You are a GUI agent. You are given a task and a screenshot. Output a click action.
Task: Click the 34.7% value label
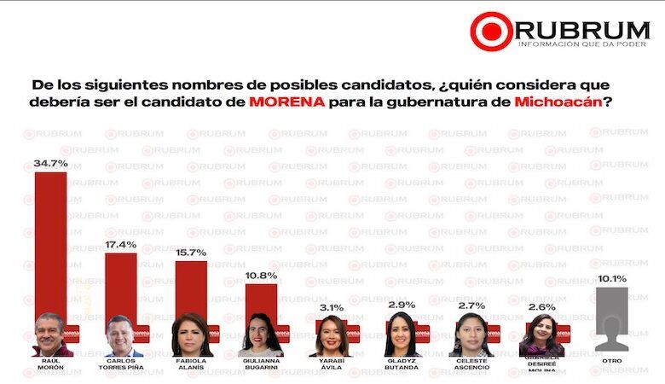[51, 162]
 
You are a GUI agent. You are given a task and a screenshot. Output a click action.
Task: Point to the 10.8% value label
[262, 275]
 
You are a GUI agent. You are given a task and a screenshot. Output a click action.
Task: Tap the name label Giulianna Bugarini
[262, 364]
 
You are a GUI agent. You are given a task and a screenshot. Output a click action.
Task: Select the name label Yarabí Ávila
[332, 364]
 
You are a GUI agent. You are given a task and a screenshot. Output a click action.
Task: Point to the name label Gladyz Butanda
[402, 364]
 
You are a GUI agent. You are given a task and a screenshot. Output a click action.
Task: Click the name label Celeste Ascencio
[471, 364]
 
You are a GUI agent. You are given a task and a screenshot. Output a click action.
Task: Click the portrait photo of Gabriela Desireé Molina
[541, 335]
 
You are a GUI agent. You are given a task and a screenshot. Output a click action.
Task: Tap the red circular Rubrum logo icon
[491, 31]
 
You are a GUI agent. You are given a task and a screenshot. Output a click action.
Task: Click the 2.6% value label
[541, 306]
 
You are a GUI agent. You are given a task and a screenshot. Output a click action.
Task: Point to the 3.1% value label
[332, 306]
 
